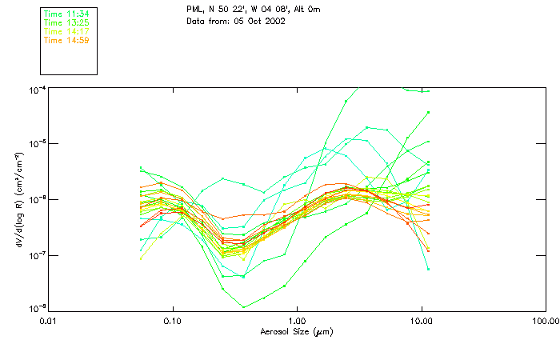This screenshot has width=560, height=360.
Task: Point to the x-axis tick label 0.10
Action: pos(173,320)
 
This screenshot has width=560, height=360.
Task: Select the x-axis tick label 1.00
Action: pos(297,320)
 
